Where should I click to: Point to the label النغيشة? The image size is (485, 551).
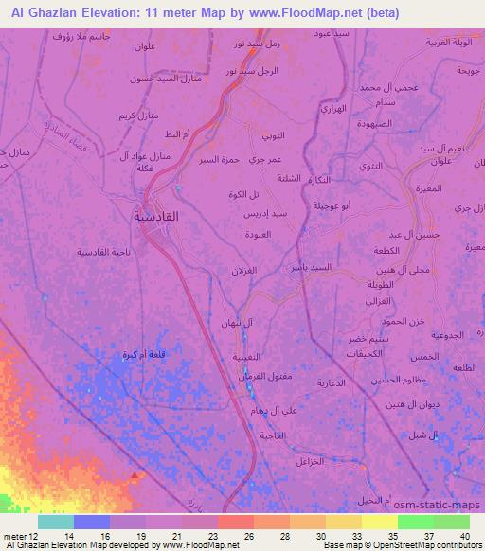(x=234, y=358)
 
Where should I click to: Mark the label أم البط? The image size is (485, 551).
(x=178, y=134)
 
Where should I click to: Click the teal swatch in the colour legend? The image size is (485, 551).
(x=56, y=522)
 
